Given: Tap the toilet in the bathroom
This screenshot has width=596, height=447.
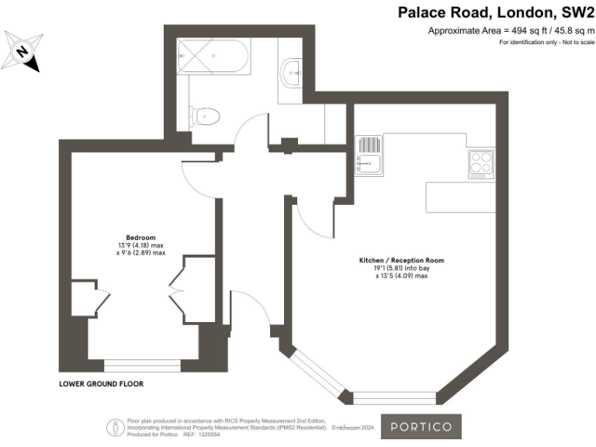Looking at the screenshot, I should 205,116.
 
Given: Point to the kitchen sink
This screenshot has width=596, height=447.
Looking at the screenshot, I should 368,163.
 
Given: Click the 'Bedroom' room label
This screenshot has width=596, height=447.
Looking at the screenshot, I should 141,237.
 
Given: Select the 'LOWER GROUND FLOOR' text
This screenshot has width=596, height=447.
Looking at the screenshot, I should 101,384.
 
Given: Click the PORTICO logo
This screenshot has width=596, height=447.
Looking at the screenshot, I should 425,427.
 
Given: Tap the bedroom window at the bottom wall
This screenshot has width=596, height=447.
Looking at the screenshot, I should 141,364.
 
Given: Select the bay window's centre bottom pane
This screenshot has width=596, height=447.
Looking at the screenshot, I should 390,397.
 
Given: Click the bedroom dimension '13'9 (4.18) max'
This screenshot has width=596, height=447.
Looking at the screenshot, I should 140,245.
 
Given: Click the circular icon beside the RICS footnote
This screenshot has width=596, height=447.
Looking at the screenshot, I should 116,426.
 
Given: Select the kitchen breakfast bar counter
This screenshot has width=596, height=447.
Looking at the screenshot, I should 459,197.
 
